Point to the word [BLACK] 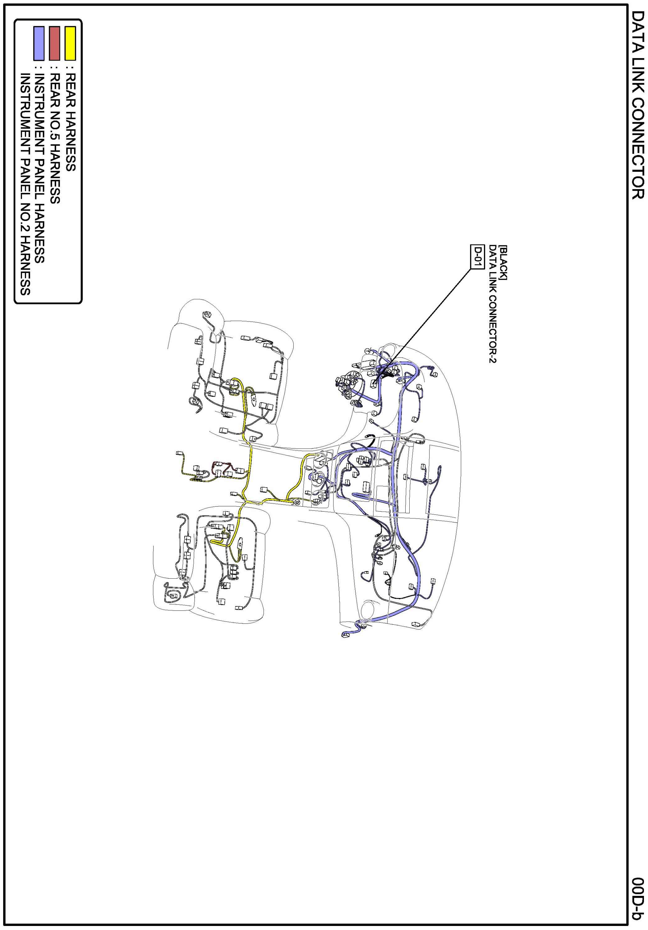pyautogui.click(x=503, y=262)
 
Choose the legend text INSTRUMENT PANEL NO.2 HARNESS pyautogui.click(x=25, y=184)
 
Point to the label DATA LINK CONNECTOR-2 pyautogui.click(x=492, y=303)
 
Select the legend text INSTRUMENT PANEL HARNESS pyautogui.click(x=39, y=168)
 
